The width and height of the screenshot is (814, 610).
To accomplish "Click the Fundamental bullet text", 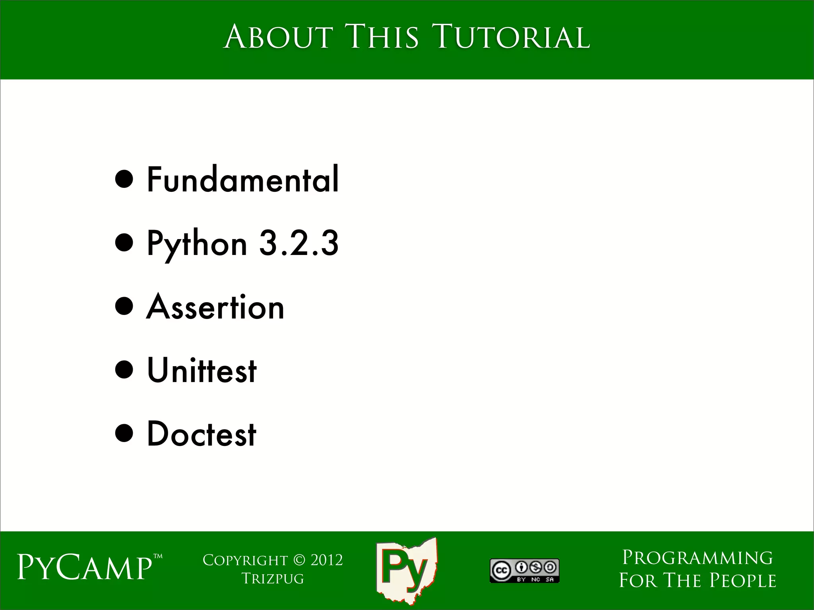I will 243,180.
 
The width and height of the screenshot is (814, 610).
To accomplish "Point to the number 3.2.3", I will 299,243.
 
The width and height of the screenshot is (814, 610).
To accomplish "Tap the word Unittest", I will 202,370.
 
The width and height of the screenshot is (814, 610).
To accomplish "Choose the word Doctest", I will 202,434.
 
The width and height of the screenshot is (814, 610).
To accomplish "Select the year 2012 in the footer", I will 327,560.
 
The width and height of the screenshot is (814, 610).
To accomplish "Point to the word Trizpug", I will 273,579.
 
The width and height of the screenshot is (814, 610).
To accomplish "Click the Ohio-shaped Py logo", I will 406,570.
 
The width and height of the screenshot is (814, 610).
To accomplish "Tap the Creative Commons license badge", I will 524,571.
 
